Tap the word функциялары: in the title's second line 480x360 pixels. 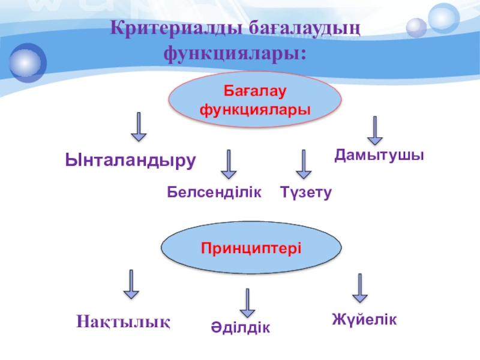235,53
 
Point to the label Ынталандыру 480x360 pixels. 131,160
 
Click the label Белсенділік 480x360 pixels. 214,192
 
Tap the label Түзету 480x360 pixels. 305,193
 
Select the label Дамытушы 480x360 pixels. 379,155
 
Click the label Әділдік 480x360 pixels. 240,327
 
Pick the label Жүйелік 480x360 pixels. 364,319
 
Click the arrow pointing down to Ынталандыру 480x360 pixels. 139,127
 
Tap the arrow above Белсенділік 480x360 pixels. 229,164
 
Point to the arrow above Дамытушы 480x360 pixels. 375,131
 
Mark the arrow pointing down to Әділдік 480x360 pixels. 247,303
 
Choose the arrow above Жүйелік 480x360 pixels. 359,288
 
